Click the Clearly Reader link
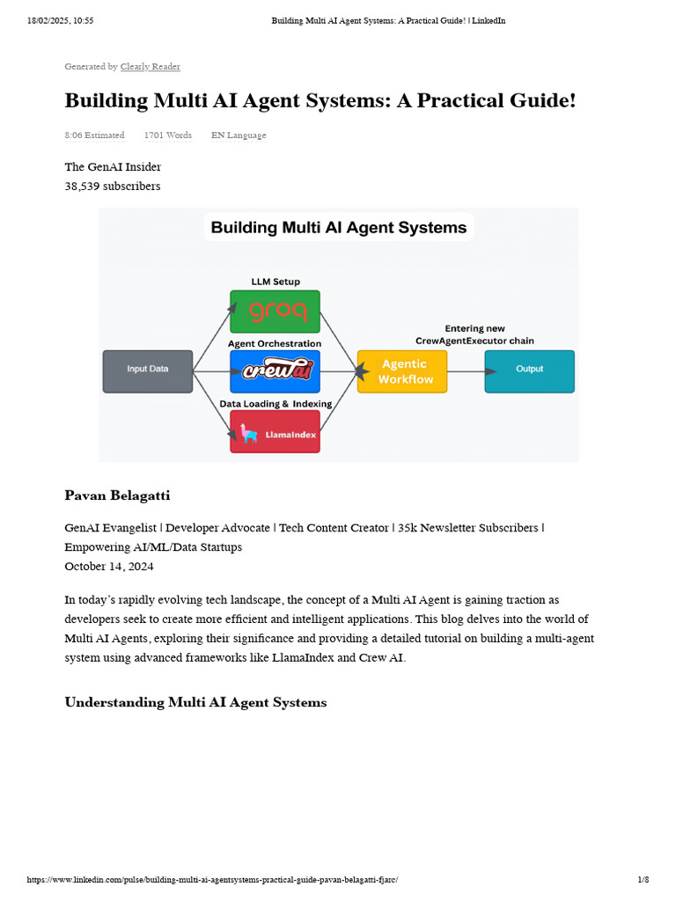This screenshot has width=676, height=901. click(x=150, y=67)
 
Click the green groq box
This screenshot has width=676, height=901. click(x=275, y=311)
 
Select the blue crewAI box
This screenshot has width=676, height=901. click(x=275, y=371)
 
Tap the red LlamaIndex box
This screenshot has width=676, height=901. click(x=275, y=431)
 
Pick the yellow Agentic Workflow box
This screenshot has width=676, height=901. click(x=402, y=371)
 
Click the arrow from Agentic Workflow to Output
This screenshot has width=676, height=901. click(x=466, y=371)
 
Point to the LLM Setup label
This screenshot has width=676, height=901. click(x=276, y=282)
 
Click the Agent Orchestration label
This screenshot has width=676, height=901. click(x=275, y=343)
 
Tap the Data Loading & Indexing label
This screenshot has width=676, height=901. click(x=276, y=403)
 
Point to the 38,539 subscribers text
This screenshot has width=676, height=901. click(x=113, y=186)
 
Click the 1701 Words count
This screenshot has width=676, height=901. click(x=167, y=136)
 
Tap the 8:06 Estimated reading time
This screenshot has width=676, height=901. click(x=94, y=136)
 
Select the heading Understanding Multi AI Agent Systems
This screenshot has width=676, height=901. click(x=195, y=702)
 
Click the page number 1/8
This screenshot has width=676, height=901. click(x=643, y=880)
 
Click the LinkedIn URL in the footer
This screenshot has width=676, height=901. click(x=218, y=880)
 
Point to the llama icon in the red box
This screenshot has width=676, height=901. click(x=250, y=433)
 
